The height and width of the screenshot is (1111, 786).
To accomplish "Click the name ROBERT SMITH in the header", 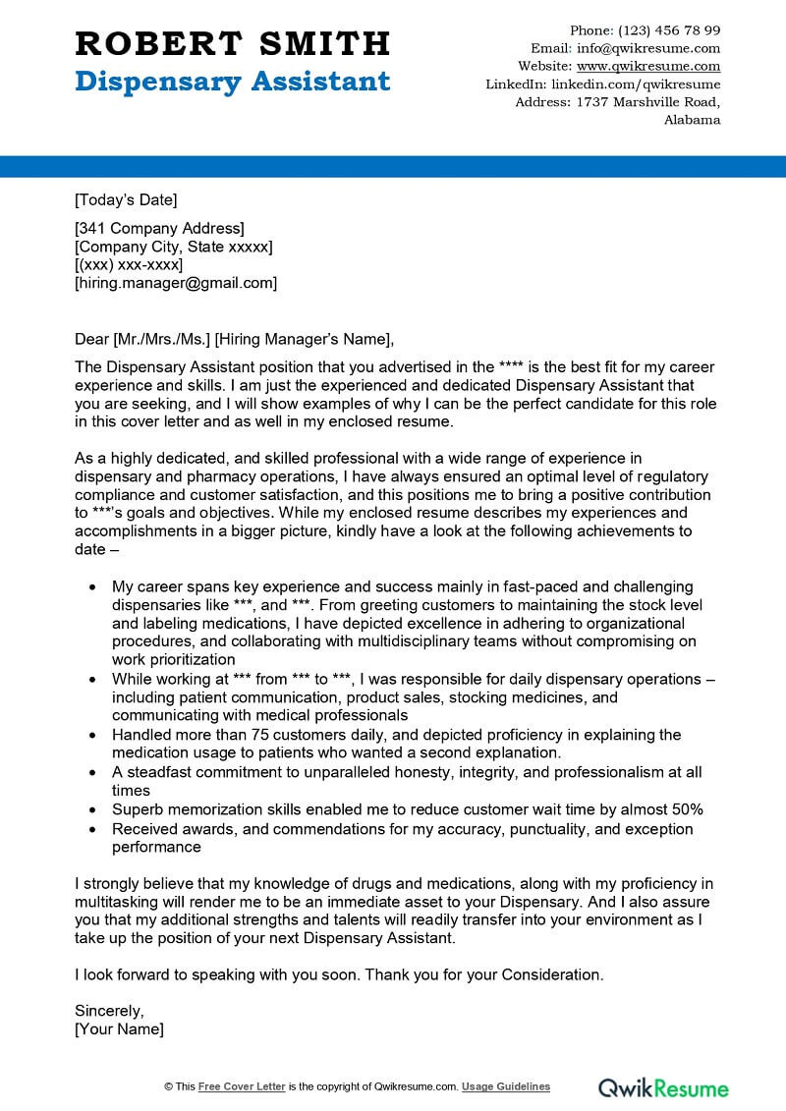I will [232, 43].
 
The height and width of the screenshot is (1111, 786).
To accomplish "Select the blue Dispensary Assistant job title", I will [232, 81].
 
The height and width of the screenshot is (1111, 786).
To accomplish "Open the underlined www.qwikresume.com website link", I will [648, 66].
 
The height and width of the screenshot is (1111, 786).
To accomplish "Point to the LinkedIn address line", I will [603, 84].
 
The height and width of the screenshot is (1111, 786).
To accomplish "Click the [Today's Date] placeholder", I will [126, 200].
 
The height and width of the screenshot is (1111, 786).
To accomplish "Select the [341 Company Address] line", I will [159, 229].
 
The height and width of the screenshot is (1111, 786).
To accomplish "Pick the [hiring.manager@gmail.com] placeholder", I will [176, 283].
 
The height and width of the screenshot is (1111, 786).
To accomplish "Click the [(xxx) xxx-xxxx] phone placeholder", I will [129, 265].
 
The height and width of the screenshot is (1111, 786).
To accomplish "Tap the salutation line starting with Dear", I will [234, 340].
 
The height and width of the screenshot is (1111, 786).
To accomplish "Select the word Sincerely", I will [109, 1010].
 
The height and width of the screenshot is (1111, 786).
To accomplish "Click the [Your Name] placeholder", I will [119, 1028].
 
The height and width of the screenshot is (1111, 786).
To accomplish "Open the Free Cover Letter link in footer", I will [242, 1086].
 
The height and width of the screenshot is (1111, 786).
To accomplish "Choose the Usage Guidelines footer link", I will [506, 1086].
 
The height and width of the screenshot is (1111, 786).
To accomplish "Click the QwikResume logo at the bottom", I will [664, 1087].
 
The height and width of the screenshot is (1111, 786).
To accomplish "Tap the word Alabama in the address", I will [692, 120].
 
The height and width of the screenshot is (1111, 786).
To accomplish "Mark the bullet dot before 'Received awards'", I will [92, 829].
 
